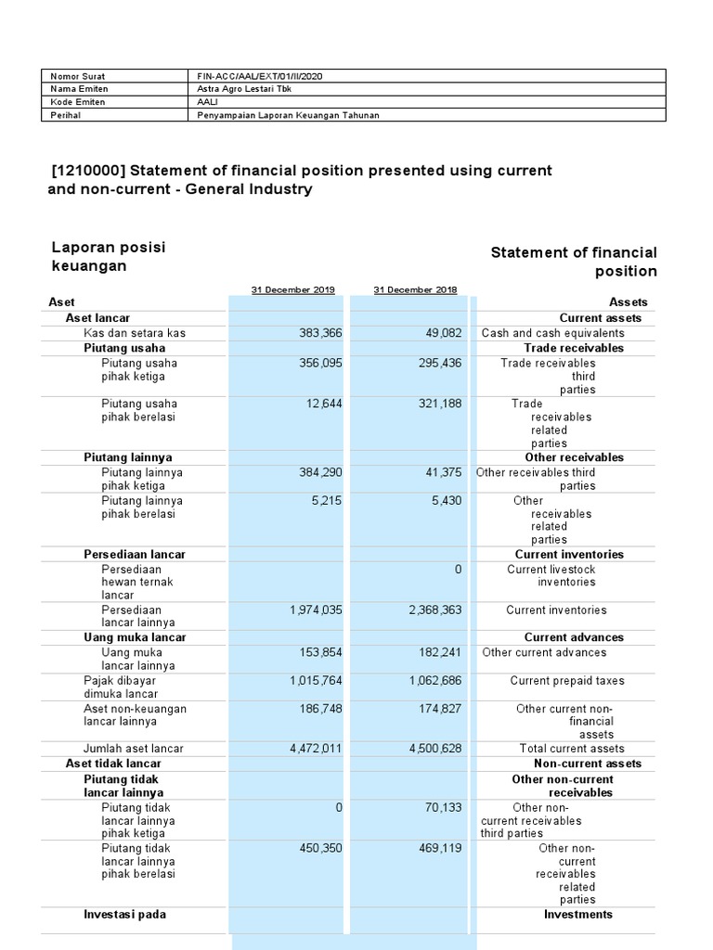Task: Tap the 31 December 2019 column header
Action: (x=292, y=289)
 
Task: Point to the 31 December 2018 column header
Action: (x=415, y=289)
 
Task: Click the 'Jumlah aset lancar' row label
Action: (x=134, y=749)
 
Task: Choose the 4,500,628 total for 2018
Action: (x=435, y=749)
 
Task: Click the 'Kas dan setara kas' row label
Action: (x=135, y=333)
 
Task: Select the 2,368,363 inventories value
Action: (x=435, y=610)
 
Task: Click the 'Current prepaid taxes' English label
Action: (x=567, y=680)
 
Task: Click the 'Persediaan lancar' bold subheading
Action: (x=135, y=554)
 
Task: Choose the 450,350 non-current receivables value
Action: (x=318, y=847)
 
